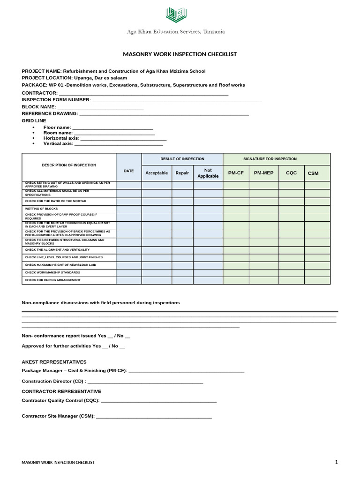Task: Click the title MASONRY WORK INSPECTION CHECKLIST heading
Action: (x=180, y=54)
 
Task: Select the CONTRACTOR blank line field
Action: (x=143, y=93)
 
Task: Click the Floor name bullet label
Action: (x=57, y=127)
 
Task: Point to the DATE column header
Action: (x=129, y=171)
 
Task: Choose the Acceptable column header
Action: (x=157, y=173)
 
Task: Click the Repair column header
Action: (x=182, y=173)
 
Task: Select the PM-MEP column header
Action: (x=263, y=173)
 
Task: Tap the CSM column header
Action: (x=313, y=173)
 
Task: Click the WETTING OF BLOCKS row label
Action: (x=41, y=209)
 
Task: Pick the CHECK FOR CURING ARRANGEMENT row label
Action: (x=52, y=280)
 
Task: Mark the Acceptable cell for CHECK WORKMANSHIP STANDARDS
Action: (x=157, y=273)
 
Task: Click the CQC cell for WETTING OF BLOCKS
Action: (x=292, y=209)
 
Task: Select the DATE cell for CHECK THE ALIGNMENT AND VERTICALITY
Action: (x=129, y=250)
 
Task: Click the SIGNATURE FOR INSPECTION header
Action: (x=277, y=159)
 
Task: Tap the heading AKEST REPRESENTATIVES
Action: (x=54, y=362)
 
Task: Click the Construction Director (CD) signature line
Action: (x=145, y=382)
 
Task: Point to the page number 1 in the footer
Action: (x=336, y=462)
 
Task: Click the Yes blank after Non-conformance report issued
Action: (x=110, y=336)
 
